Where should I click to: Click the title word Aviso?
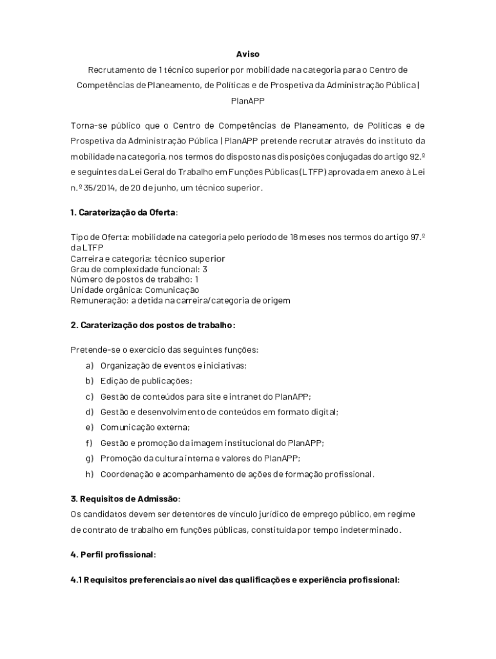(x=247, y=54)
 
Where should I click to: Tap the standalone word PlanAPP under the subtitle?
(x=247, y=100)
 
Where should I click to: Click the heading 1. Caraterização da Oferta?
(x=124, y=213)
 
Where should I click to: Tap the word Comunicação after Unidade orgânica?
(x=172, y=290)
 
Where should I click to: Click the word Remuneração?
(x=97, y=300)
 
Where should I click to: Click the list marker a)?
(x=89, y=366)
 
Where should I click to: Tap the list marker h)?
(x=89, y=474)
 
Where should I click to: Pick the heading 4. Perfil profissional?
(x=113, y=554)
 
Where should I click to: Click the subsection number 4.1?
(x=77, y=580)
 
